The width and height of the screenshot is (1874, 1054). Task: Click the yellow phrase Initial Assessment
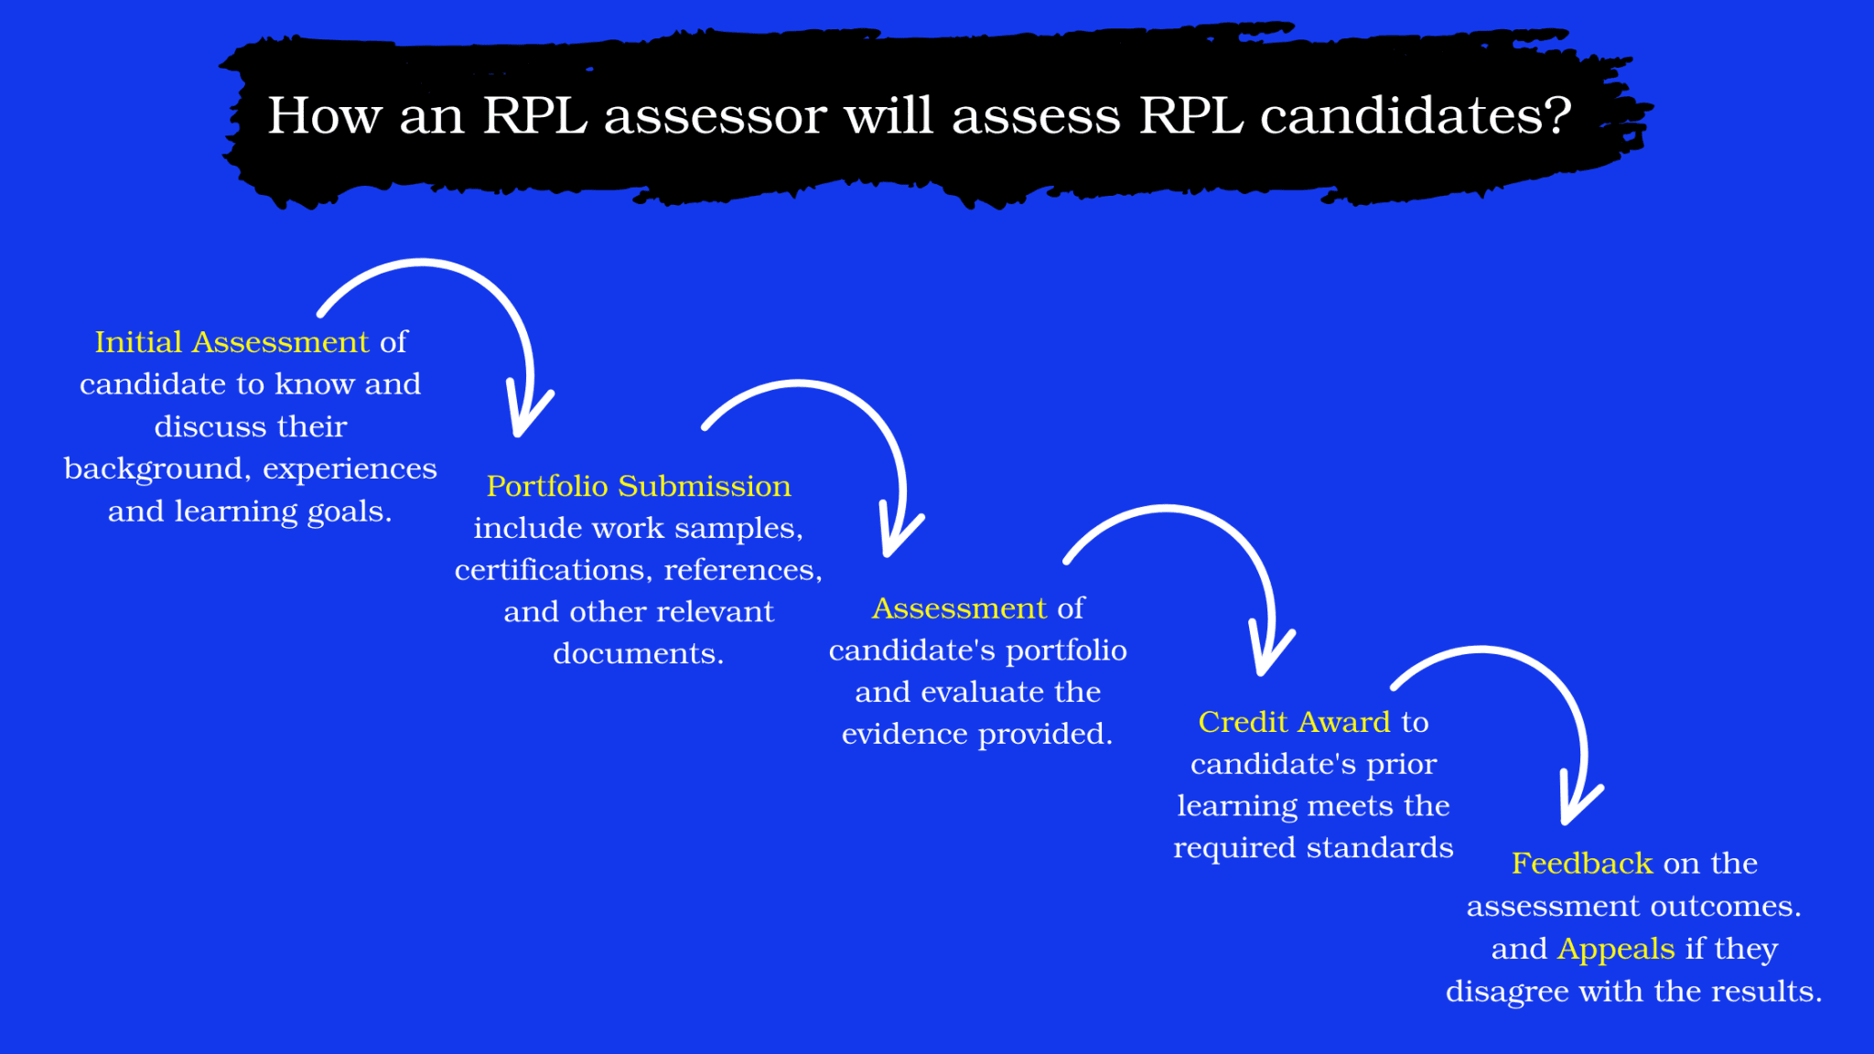(x=232, y=342)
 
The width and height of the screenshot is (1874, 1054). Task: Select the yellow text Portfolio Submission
(x=639, y=486)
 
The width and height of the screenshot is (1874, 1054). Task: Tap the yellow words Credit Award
(x=1294, y=722)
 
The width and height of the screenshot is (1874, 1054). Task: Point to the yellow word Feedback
(x=1581, y=863)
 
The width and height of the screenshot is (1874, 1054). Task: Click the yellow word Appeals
(x=1616, y=949)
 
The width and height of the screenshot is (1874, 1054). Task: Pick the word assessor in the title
(x=715, y=116)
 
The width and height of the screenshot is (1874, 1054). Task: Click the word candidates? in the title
(x=1416, y=116)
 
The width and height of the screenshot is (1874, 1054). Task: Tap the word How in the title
(x=324, y=116)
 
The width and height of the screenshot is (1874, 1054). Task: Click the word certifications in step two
(x=551, y=570)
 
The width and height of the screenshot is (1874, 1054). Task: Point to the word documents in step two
(x=638, y=653)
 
